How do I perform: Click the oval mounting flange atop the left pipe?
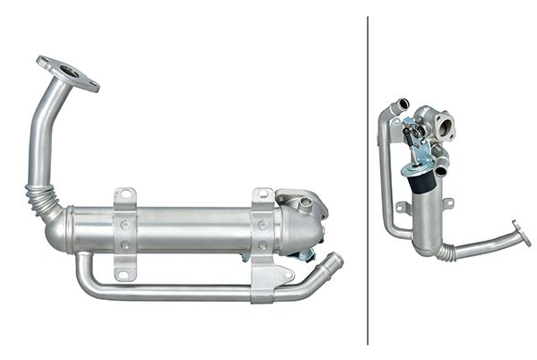tap(68, 73)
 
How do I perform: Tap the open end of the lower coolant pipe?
tap(335, 261)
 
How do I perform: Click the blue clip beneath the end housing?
tap(305, 255)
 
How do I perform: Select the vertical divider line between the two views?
tap(368, 179)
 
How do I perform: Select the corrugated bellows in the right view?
tap(445, 253)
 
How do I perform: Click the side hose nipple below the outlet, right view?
tap(440, 163)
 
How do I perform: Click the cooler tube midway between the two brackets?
tap(192, 231)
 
